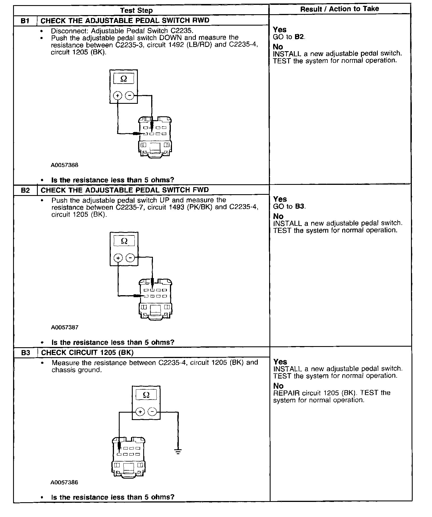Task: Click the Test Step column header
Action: [136, 11]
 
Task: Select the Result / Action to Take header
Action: [339, 9]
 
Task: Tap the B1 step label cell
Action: [25, 21]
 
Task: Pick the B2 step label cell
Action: [25, 190]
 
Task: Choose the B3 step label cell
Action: [26, 353]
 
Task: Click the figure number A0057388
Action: [65, 165]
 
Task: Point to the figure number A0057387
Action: [65, 327]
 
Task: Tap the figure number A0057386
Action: [64, 482]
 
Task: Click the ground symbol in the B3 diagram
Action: [178, 452]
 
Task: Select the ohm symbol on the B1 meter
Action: [124, 79]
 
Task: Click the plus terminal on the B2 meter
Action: [118, 258]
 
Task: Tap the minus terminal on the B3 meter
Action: [153, 411]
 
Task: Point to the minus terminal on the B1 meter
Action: [130, 96]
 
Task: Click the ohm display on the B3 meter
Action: [146, 395]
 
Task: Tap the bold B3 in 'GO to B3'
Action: [300, 206]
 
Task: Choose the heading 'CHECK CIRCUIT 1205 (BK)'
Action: [87, 353]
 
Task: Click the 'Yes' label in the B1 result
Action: [280, 30]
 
